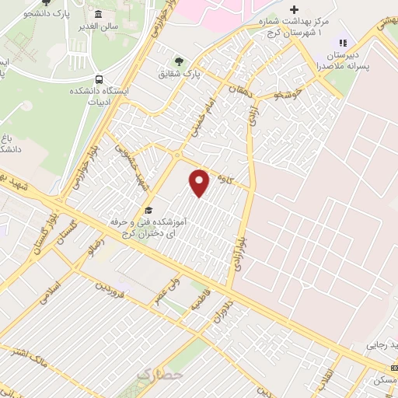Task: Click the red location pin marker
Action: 201,183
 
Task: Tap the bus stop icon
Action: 99,80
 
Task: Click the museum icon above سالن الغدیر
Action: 99,15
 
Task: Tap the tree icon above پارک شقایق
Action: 180,61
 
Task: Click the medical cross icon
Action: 293,9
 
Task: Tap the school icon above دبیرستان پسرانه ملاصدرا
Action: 343,42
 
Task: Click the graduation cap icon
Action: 148,211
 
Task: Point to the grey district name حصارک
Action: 156,375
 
